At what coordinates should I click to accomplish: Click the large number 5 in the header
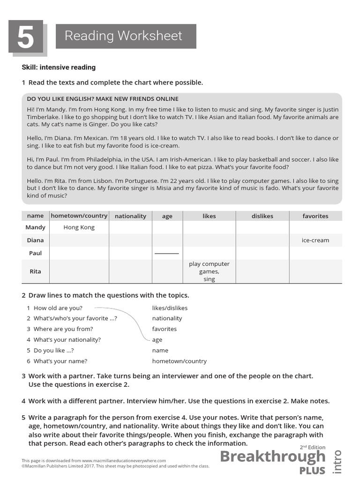(25, 37)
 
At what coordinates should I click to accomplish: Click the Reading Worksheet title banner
(126, 36)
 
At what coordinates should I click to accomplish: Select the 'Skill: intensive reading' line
(59, 67)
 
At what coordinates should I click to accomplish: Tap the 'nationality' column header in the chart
(130, 216)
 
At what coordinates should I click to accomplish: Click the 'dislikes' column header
(262, 216)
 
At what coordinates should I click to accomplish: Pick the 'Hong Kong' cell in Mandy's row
(79, 227)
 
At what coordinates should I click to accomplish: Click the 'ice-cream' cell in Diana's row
(315, 240)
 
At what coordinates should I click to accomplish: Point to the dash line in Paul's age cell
(167, 254)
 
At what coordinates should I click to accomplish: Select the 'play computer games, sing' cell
(209, 271)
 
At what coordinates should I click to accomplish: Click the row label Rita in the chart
(35, 271)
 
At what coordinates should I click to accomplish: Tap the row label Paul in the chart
(35, 253)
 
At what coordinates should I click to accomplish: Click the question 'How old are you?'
(58, 308)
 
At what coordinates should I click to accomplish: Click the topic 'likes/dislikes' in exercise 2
(170, 308)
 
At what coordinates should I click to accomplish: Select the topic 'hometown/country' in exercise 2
(179, 361)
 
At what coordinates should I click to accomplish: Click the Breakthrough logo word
(272, 457)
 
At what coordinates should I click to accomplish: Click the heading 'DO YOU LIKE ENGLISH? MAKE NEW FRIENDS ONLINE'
(103, 99)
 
